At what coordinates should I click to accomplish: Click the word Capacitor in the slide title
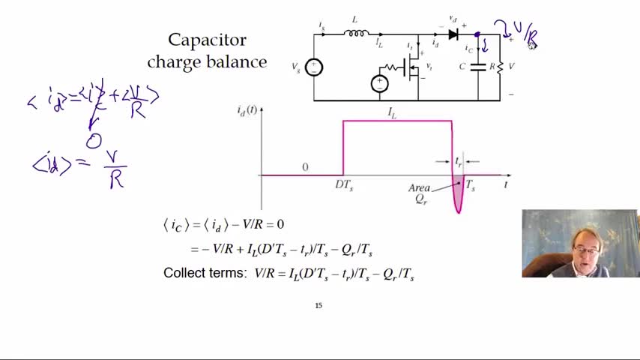[x=207, y=40]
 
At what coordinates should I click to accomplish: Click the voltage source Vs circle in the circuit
[x=314, y=67]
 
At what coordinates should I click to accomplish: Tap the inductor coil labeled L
[x=357, y=33]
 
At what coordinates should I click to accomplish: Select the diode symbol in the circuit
[x=453, y=34]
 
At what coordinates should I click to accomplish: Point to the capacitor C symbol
[x=477, y=67]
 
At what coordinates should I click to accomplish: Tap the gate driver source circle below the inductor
[x=380, y=83]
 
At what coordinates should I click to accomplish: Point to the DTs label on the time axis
[x=343, y=185]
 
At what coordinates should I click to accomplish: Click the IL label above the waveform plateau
[x=392, y=112]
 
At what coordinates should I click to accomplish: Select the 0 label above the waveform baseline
[x=305, y=167]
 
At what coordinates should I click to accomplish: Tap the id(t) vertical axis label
[x=247, y=110]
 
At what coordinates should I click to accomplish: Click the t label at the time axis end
[x=507, y=184]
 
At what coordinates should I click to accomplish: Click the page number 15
[x=319, y=305]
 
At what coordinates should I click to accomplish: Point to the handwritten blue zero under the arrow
[x=93, y=140]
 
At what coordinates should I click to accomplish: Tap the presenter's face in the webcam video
[x=582, y=246]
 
